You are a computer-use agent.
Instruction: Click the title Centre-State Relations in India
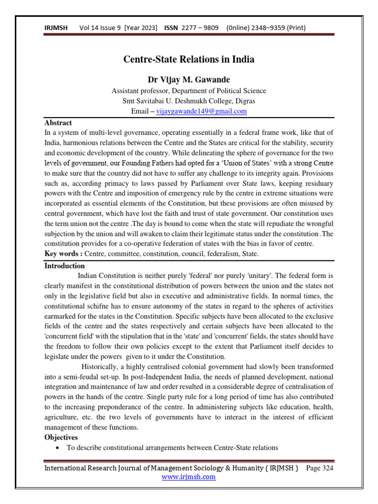(x=189, y=60)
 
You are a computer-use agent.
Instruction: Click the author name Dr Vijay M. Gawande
(x=189, y=79)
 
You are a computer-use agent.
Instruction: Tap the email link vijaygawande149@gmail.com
(x=201, y=111)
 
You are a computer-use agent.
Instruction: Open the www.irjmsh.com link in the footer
(x=189, y=476)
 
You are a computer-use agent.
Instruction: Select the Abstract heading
(x=58, y=123)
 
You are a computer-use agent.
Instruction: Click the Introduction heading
(x=64, y=265)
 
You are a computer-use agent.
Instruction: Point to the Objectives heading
(x=61, y=437)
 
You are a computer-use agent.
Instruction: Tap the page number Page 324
(x=319, y=468)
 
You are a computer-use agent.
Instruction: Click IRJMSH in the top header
(x=55, y=28)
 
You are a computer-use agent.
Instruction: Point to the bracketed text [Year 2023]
(x=141, y=28)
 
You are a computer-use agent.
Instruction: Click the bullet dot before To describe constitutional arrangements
(x=59, y=448)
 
